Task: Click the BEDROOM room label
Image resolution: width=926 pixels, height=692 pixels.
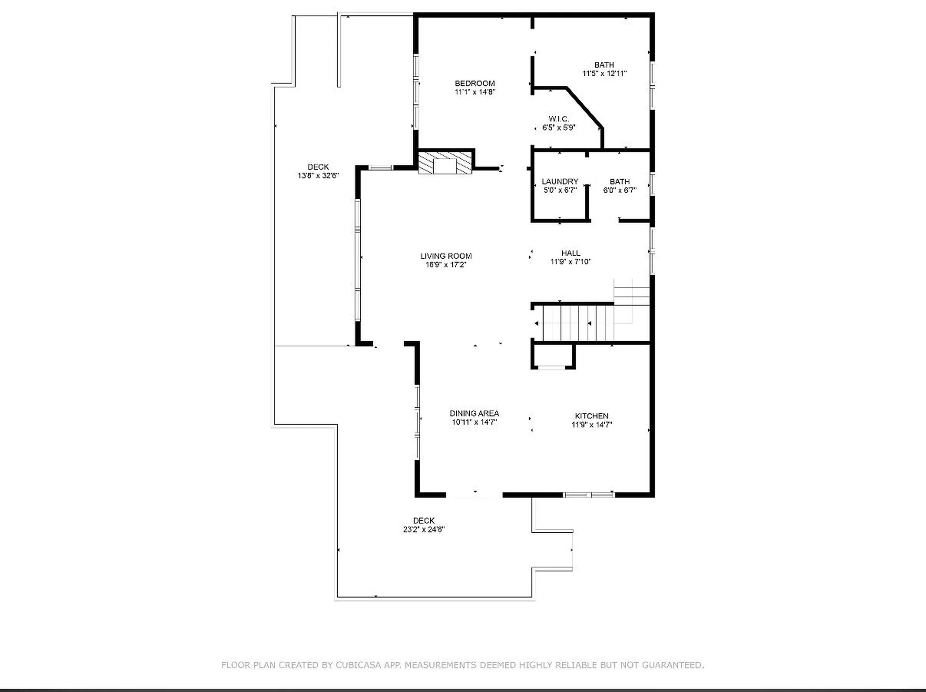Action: click(x=475, y=83)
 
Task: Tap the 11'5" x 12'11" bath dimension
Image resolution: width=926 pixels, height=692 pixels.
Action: click(x=604, y=74)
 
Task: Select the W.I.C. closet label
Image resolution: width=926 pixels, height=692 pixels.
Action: click(x=558, y=119)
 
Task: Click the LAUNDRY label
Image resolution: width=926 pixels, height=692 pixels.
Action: click(x=559, y=181)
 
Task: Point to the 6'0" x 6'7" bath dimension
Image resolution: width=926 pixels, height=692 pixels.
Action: click(x=619, y=191)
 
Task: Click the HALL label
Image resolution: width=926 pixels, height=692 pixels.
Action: click(x=571, y=253)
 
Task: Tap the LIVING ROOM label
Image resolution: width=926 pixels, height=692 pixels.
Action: click(x=446, y=256)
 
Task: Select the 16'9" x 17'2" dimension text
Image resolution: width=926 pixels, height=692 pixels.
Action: click(x=446, y=265)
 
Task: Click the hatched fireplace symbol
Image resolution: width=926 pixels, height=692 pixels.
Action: click(x=445, y=163)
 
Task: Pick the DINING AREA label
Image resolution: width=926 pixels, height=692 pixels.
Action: click(x=474, y=414)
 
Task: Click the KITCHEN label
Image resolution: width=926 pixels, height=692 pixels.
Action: click(x=591, y=416)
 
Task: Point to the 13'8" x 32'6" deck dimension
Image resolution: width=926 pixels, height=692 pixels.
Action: click(x=318, y=176)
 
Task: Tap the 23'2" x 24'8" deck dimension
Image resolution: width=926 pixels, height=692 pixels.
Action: click(x=423, y=530)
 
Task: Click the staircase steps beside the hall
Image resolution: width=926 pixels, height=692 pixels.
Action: click(x=578, y=323)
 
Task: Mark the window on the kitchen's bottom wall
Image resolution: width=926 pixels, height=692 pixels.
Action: click(x=589, y=495)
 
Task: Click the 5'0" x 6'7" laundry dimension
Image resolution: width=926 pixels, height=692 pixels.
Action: click(x=559, y=191)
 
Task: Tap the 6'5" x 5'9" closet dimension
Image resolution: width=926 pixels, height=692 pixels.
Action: click(x=558, y=128)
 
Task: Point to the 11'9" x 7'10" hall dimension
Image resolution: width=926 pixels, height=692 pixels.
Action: click(x=571, y=262)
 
